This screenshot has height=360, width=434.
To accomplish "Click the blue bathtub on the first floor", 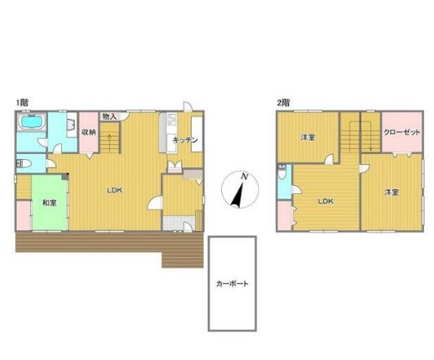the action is (31, 121).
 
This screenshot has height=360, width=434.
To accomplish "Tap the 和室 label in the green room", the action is (49, 203).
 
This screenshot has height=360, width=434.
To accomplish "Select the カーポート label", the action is (232, 284).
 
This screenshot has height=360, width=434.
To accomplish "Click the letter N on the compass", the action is (245, 177).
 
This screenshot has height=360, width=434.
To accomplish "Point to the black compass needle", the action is (238, 195).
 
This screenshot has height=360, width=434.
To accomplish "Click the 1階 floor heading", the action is (22, 103).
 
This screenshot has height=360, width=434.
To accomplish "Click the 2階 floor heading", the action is (283, 103).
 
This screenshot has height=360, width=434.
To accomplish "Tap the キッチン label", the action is (185, 140).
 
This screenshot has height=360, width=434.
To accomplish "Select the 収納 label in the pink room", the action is (89, 132).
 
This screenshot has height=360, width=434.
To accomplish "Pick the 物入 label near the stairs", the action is (109, 116).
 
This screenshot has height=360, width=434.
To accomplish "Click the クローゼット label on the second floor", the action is (401, 132).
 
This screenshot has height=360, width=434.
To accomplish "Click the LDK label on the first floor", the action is (115, 190).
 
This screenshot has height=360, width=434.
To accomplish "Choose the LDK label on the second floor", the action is (326, 201).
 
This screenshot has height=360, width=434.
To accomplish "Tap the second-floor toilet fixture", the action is (282, 172).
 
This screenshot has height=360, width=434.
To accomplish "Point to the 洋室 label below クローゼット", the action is (391, 193).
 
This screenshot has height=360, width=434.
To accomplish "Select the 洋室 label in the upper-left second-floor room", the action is (308, 137).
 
